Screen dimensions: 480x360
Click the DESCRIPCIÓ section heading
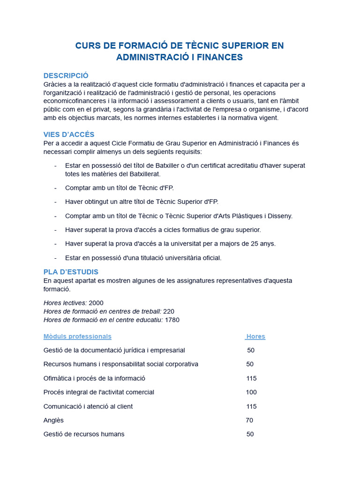[66, 75]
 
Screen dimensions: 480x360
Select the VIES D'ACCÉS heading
[68, 135]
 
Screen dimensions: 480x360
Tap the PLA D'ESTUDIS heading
[71, 272]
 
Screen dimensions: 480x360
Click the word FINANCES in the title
[219, 57]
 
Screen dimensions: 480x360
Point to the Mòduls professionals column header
[77, 337]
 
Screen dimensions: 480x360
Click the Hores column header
[255, 337]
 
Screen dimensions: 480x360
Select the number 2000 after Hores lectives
[96, 303]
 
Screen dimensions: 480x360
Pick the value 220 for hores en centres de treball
[169, 311]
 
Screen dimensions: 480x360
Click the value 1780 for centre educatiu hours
[172, 320]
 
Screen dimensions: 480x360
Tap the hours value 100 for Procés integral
[251, 392]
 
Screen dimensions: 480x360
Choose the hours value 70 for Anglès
[249, 420]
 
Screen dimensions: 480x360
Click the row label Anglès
[53, 420]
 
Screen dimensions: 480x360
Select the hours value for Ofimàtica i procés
[251, 378]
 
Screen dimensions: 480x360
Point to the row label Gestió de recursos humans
[84, 434]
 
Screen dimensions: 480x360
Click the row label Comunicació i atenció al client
[88, 406]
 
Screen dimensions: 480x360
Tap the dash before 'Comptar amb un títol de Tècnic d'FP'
[55, 188]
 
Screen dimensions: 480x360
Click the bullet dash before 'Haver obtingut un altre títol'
[55, 202]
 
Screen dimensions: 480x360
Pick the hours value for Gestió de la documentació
[251, 350]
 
